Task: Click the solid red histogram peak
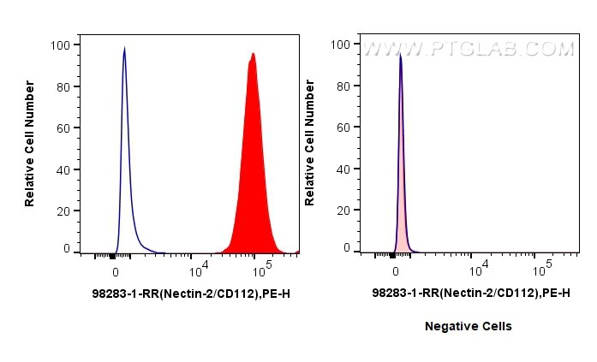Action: click(253, 154)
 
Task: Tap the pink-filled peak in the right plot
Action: click(400, 154)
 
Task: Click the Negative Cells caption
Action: click(469, 326)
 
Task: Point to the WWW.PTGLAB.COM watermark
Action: click(469, 50)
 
